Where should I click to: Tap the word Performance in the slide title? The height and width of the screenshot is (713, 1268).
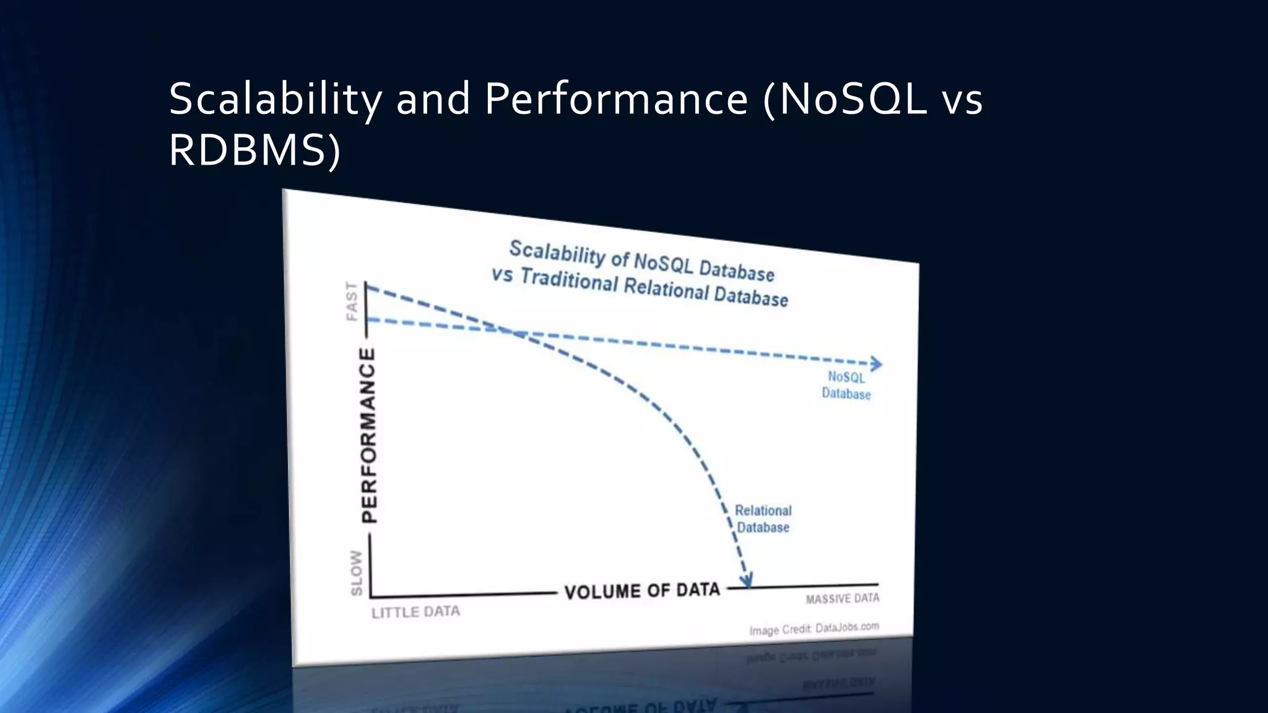click(x=615, y=99)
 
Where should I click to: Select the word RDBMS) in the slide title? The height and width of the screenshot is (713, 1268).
click(x=254, y=151)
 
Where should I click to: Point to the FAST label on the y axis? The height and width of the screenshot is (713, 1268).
click(x=352, y=302)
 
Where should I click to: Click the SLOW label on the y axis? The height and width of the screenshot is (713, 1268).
click(x=357, y=573)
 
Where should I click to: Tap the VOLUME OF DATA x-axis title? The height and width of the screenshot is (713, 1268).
click(x=642, y=590)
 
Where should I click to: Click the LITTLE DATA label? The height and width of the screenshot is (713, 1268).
click(x=415, y=612)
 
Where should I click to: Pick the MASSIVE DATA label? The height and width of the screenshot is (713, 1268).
click(x=842, y=598)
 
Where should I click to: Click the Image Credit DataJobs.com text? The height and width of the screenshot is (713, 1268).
click(x=814, y=629)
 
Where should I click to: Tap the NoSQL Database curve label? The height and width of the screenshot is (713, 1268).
click(x=846, y=386)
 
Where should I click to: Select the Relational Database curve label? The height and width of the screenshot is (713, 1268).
click(x=763, y=519)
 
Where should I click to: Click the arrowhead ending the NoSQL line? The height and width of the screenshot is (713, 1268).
click(x=877, y=364)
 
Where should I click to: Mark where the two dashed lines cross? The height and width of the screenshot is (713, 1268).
click(x=513, y=332)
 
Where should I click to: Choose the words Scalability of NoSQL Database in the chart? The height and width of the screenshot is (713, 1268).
click(x=641, y=261)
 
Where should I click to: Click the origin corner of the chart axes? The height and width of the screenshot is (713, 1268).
click(x=371, y=597)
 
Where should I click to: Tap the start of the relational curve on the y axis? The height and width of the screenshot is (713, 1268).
click(x=367, y=286)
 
